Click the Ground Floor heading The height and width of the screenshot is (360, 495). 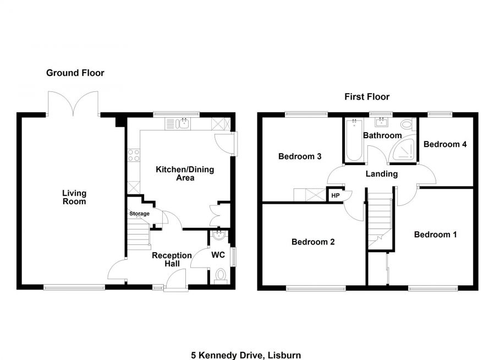tap(75, 73)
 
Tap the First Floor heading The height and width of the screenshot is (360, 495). tap(367, 97)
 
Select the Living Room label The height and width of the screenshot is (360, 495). tap(74, 197)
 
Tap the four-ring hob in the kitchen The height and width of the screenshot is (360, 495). tap(133, 155)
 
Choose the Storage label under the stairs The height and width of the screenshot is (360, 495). tap(139, 214)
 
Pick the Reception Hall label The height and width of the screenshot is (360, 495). tap(172, 259)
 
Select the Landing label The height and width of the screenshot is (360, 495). tap(382, 174)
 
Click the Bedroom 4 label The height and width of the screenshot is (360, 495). tap(445, 144)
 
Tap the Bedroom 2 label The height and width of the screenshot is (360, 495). tap(313, 242)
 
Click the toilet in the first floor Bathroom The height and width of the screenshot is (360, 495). tap(408, 124)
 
